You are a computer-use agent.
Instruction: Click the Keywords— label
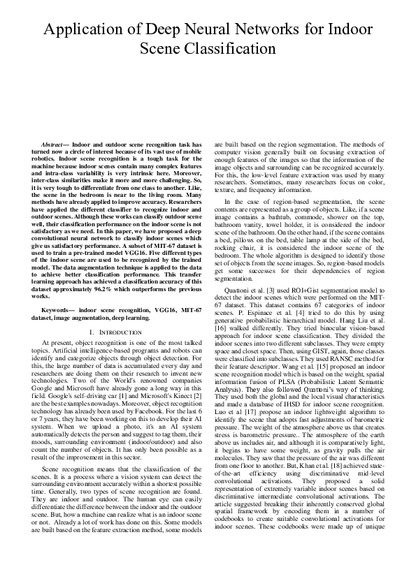click(58, 308)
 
